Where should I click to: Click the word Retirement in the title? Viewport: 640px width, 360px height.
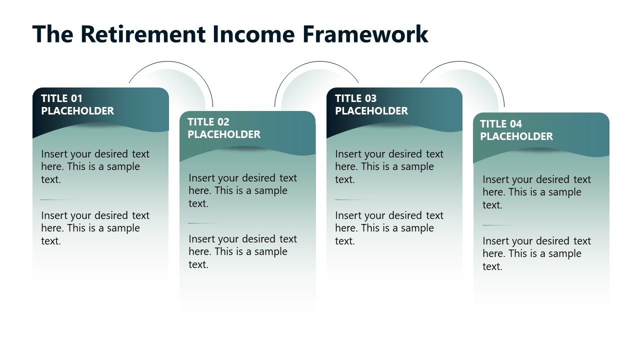point(142,34)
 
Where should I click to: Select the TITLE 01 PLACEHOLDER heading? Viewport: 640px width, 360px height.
point(77,104)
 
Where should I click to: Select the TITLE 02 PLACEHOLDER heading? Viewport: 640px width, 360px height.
point(224,128)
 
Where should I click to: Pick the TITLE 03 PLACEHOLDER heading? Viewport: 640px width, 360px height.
point(371,104)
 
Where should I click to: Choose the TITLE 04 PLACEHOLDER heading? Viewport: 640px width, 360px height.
point(516,130)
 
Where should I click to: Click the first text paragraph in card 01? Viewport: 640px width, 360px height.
point(95,166)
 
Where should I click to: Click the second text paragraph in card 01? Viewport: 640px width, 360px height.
point(95,228)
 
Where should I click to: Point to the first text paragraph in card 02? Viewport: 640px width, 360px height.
point(242,190)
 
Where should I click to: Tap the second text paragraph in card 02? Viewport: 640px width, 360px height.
point(242,251)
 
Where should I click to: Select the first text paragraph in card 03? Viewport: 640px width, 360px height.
point(389,166)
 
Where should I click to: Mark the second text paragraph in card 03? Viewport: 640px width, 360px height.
point(389,228)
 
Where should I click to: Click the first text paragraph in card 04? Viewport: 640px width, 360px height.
point(536,192)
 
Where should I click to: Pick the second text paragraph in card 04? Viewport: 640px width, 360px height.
point(536,253)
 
